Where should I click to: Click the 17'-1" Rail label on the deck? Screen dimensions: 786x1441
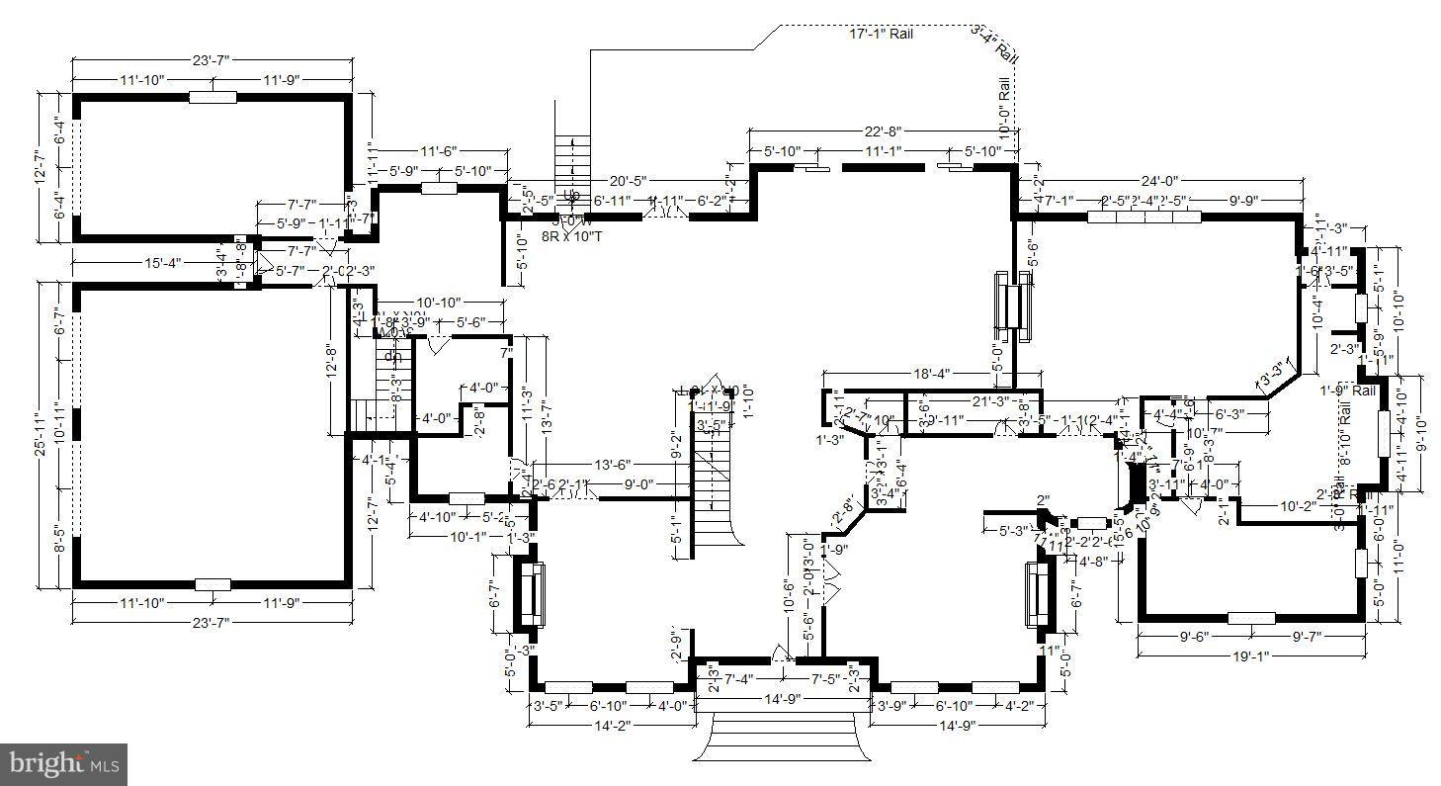(x=882, y=34)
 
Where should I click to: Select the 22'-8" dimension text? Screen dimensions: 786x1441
(x=882, y=131)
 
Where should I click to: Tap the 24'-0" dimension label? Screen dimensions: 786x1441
(x=1159, y=182)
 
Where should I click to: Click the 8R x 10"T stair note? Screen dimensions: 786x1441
(x=572, y=236)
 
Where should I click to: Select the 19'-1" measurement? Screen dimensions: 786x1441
(x=1251, y=655)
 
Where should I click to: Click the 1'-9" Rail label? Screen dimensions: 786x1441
(x=1347, y=391)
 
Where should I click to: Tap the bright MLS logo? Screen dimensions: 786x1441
(x=64, y=763)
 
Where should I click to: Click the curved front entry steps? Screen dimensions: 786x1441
(x=783, y=738)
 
